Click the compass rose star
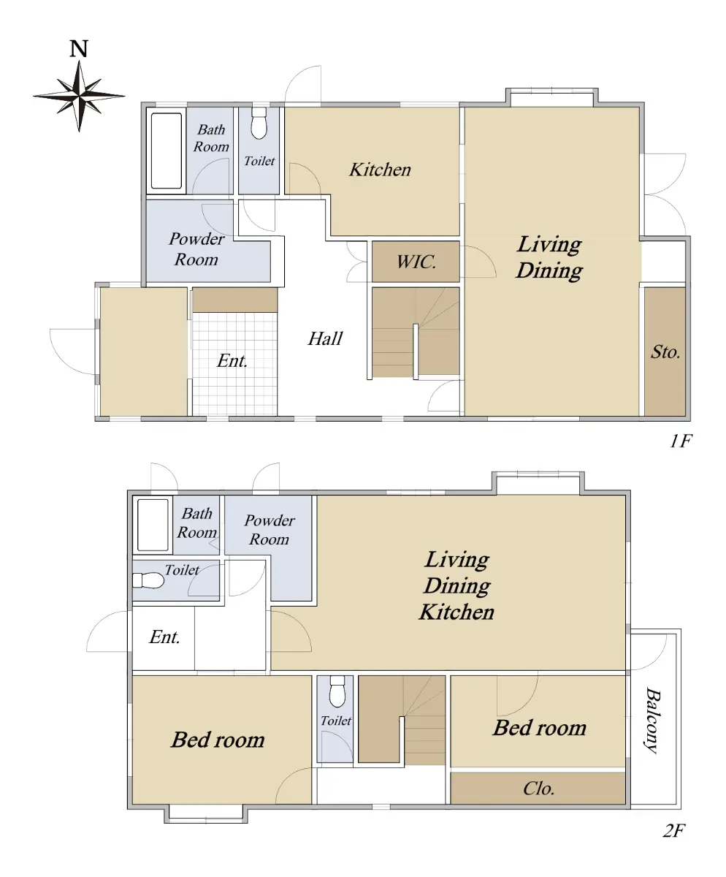(79, 96)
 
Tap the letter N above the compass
(79, 49)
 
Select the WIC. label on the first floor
(416, 262)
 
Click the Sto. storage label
(665, 352)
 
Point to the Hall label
(325, 338)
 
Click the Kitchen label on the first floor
(380, 170)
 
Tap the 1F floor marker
(681, 441)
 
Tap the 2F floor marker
(674, 830)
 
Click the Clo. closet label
(539, 789)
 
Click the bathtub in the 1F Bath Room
(167, 151)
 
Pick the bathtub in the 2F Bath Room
(153, 525)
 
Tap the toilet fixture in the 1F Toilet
(259, 123)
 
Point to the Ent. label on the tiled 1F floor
(232, 361)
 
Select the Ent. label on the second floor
(164, 637)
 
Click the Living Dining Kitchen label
(456, 585)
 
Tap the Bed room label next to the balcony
(540, 728)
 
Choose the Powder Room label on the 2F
(270, 530)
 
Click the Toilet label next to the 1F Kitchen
(259, 161)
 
